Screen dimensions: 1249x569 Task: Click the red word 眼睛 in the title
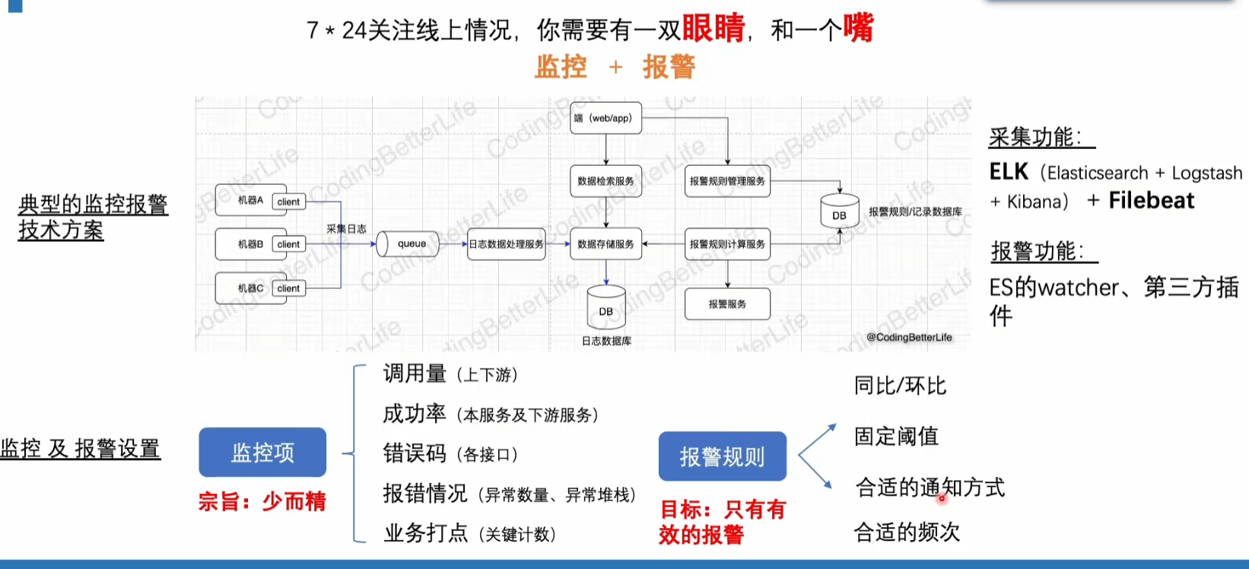click(713, 28)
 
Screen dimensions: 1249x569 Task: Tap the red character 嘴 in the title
click(858, 28)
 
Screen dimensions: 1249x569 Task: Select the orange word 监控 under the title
click(561, 67)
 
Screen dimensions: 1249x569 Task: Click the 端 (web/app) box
click(606, 118)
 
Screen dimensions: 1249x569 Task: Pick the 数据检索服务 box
click(605, 181)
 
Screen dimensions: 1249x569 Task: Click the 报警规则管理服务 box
click(727, 181)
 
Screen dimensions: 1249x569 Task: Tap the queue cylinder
click(409, 243)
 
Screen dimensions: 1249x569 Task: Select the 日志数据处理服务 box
click(506, 244)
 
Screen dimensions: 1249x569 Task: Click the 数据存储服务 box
click(605, 244)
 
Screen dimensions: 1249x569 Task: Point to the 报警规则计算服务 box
click(727, 244)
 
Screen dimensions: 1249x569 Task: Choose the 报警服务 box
click(727, 304)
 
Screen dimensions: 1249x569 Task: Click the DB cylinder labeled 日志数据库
click(606, 308)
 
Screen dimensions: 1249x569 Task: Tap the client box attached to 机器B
click(288, 244)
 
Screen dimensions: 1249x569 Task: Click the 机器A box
click(250, 200)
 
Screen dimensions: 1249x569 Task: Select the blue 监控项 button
click(262, 453)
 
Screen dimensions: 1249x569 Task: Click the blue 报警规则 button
click(722, 456)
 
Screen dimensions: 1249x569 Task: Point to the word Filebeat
click(1151, 200)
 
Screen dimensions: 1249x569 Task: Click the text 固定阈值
click(896, 436)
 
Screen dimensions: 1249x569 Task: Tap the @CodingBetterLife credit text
click(909, 337)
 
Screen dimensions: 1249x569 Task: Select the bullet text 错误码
click(415, 453)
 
